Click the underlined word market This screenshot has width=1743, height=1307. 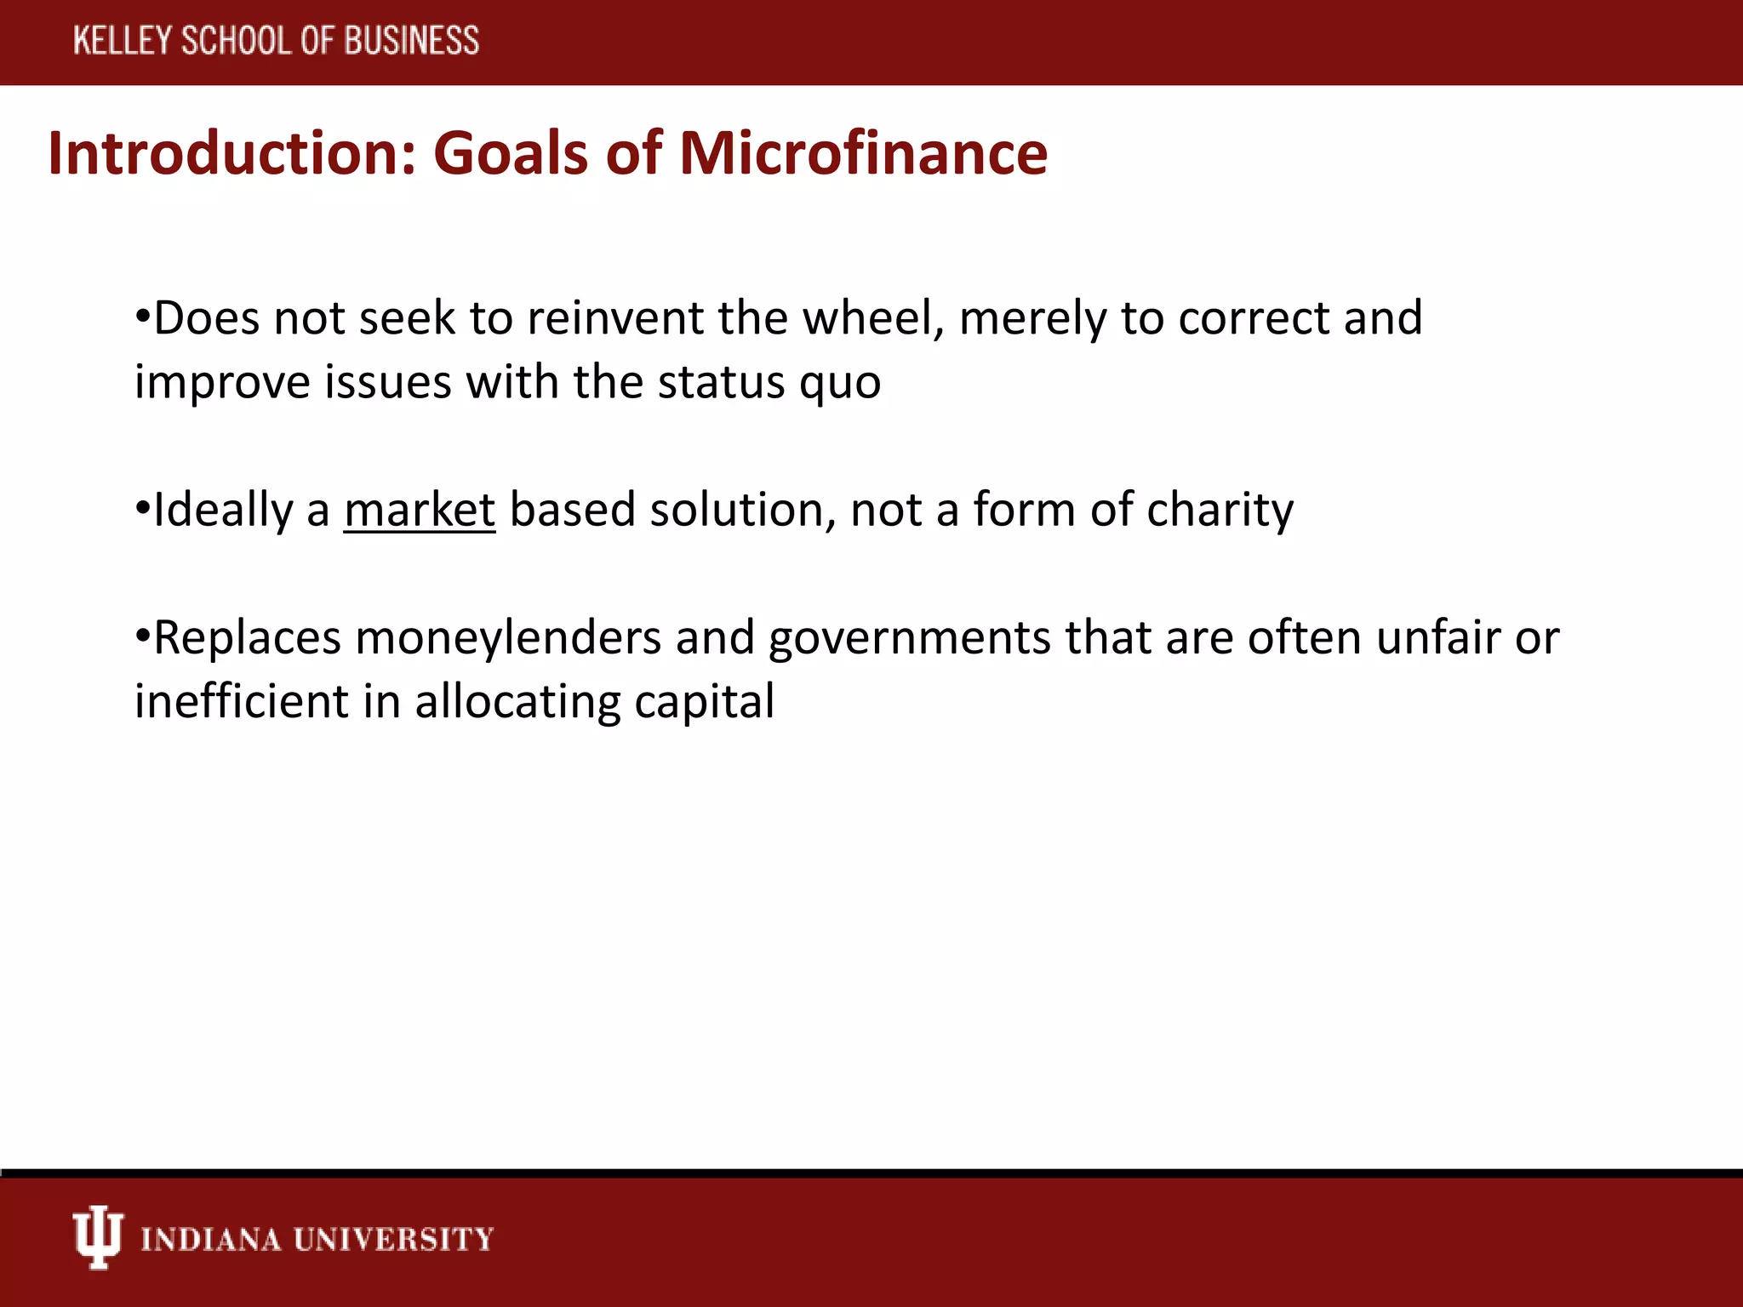(420, 511)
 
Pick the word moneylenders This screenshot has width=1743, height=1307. (508, 638)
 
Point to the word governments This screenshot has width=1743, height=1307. (909, 638)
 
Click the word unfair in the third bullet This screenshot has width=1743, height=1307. (1437, 638)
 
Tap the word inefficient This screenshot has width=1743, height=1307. (242, 702)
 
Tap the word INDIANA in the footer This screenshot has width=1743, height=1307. (210, 1239)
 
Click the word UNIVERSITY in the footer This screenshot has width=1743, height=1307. (393, 1239)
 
